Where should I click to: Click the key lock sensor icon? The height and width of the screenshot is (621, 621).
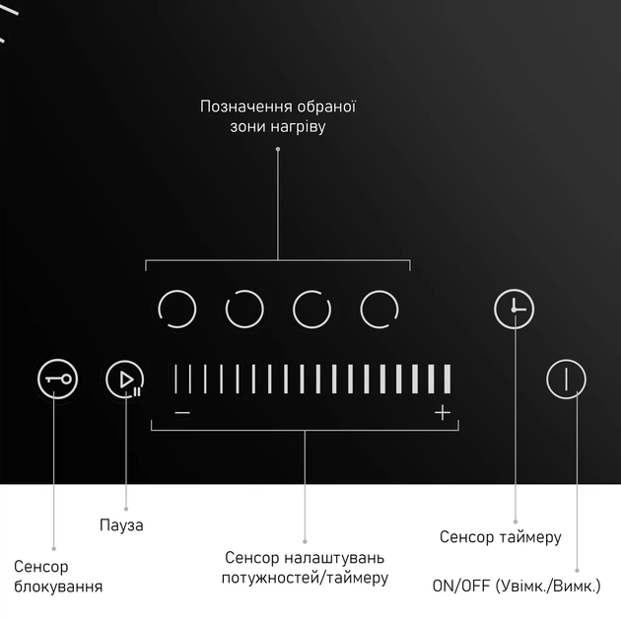[x=57, y=379]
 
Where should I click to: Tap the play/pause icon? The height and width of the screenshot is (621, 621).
[x=125, y=379]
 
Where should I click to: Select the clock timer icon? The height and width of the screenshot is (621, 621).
[x=515, y=309]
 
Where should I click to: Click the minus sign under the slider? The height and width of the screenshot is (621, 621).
[x=182, y=413]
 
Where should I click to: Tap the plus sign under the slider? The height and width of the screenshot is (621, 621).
[x=443, y=413]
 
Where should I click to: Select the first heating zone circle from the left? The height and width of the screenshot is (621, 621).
[x=177, y=309]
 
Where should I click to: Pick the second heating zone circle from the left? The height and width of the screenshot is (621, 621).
[x=244, y=309]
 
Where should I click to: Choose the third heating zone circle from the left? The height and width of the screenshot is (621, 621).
[x=311, y=309]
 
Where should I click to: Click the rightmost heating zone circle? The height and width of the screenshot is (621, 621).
[x=379, y=309]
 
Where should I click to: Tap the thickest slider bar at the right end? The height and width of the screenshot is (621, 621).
[x=448, y=379]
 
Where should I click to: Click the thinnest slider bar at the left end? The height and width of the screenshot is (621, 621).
[x=175, y=379]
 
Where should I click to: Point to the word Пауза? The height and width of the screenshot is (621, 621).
[x=121, y=525]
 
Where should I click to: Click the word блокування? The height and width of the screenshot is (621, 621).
[x=58, y=586]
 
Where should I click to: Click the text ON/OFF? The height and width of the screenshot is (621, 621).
[x=461, y=586]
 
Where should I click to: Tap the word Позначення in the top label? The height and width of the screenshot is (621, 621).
[x=246, y=106]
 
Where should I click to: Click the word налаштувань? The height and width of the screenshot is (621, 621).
[x=335, y=558]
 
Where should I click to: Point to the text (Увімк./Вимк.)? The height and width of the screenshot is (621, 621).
[x=548, y=586]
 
